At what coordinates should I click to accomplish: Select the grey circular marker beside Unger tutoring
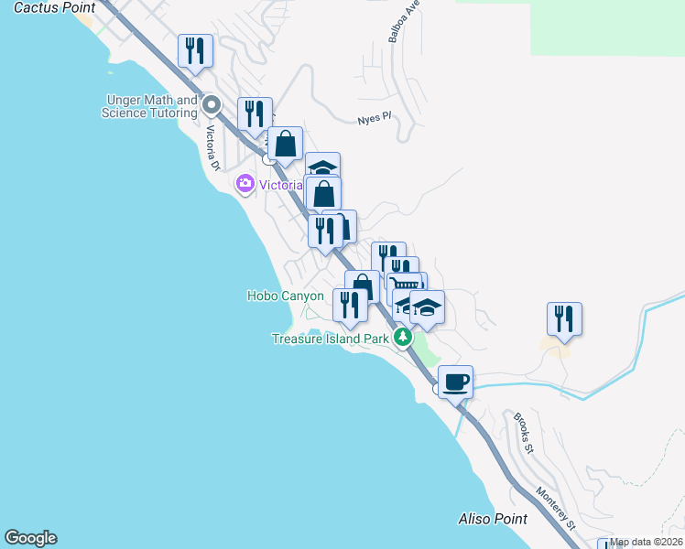[x=212, y=104]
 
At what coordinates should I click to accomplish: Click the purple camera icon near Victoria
[x=245, y=184]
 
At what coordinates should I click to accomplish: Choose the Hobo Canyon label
[x=286, y=296]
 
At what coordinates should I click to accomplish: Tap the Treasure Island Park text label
[x=331, y=339]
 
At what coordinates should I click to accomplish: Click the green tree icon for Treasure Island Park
[x=402, y=338]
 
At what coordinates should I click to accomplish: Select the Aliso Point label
[x=493, y=519]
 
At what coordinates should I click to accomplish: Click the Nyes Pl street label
[x=374, y=118]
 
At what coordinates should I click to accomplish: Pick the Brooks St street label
[x=523, y=432]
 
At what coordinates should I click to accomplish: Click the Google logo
[x=30, y=538]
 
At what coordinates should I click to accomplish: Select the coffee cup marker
[x=455, y=382]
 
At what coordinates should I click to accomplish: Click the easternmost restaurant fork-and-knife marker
[x=564, y=318]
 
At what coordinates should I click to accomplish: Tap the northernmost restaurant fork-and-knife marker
[x=195, y=50]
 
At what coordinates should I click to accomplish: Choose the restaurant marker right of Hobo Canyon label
[x=350, y=305]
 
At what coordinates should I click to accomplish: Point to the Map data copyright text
[x=647, y=543]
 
